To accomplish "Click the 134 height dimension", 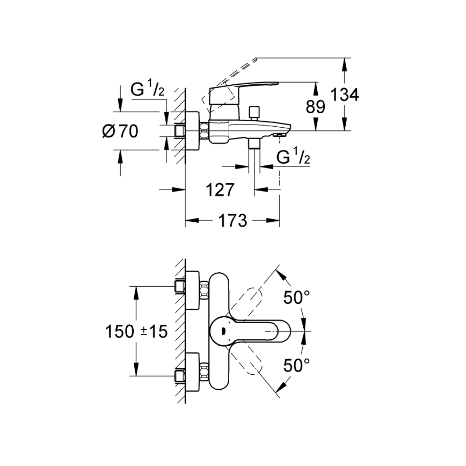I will [x=344, y=95].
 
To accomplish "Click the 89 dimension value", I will [x=316, y=106].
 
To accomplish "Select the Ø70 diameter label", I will [x=119, y=130].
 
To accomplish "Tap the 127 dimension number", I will [x=220, y=189].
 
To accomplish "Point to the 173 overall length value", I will [x=232, y=220].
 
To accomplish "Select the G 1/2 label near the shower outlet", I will [x=293, y=158].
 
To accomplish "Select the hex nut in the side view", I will [x=205, y=130].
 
